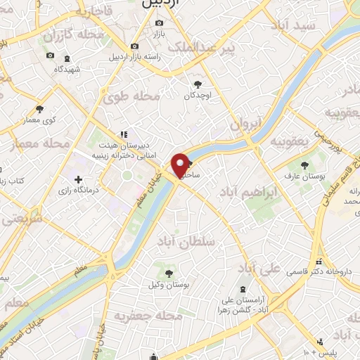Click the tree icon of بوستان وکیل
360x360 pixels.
click(169, 273)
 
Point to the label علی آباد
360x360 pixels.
click(259, 268)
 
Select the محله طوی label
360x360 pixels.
click(129, 98)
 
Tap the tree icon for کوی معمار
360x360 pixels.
click(39, 108)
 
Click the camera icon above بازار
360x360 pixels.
click(157, 25)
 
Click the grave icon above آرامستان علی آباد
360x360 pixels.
click(243, 290)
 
